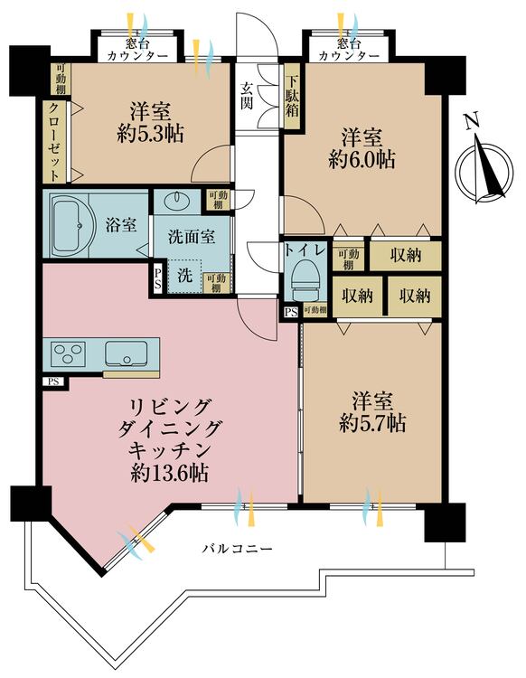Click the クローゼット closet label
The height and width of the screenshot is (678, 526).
tap(53, 140)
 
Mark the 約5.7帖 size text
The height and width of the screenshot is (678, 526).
tap(371, 421)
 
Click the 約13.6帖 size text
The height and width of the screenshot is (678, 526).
tap(168, 470)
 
